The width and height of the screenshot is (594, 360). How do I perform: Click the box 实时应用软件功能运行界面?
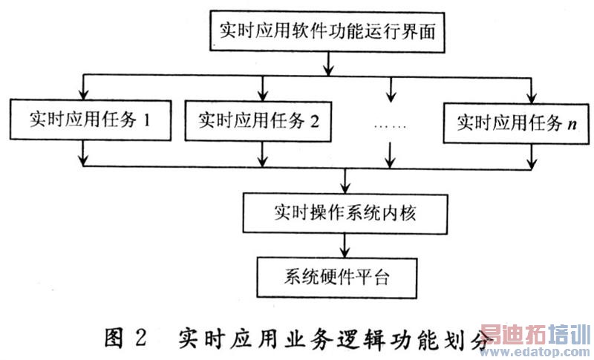pyautogui.click(x=327, y=32)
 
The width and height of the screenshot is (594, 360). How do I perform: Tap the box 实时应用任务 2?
pyautogui.click(x=259, y=120)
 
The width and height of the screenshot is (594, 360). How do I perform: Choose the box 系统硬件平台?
pyautogui.click(x=344, y=278)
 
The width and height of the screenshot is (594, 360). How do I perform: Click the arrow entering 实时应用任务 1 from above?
pyautogui.click(x=84, y=90)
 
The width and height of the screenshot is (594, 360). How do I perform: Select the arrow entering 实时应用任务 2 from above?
pyautogui.click(x=261, y=90)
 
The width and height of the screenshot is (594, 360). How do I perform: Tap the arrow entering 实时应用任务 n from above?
pyautogui.click(x=532, y=90)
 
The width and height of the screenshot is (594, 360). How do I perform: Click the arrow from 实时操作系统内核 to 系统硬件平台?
pyautogui.click(x=344, y=244)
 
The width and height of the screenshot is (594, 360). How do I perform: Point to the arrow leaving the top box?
pyautogui.click(x=327, y=63)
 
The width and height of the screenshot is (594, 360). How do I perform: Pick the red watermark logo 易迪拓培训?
pyautogui.click(x=534, y=333)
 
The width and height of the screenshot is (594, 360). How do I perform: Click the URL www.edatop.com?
pyautogui.click(x=534, y=350)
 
